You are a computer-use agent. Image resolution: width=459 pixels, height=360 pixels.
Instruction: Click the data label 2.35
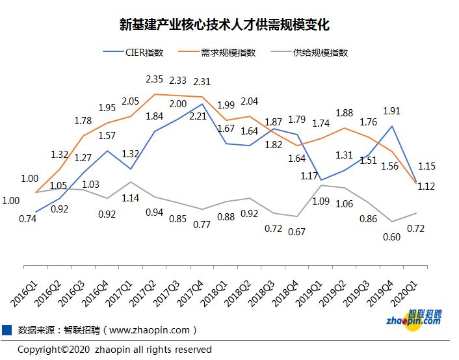point(154,79)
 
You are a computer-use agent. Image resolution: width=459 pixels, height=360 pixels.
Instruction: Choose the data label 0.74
point(28,219)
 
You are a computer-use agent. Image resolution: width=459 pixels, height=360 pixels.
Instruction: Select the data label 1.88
point(344,113)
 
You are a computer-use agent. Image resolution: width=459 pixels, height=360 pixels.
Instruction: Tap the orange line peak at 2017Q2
point(154,94)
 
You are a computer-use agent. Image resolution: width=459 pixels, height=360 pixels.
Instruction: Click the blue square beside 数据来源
point(7,329)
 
